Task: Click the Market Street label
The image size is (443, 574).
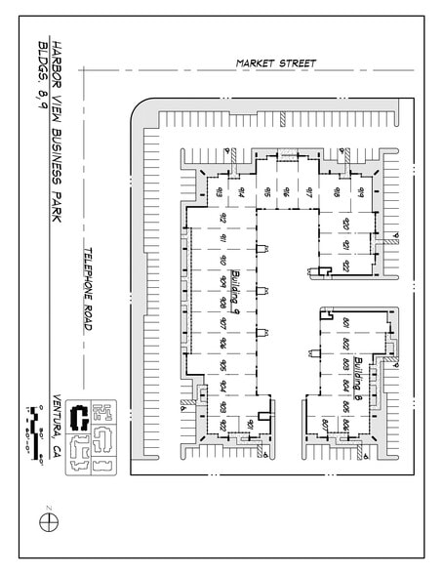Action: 276,63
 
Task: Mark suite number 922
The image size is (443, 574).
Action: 346,268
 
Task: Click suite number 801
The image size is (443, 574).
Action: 346,323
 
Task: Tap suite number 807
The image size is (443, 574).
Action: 323,424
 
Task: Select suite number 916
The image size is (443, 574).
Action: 288,191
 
